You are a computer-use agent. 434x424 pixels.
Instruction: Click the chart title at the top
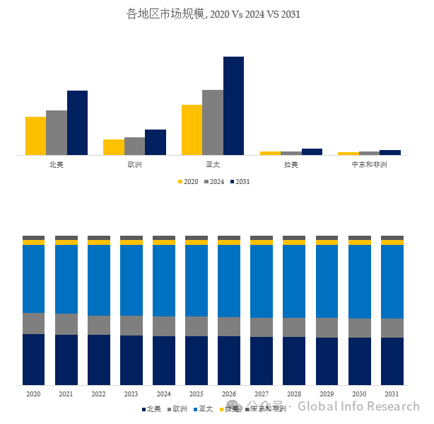tap(213, 13)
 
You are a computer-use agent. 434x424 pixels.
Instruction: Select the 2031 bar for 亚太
tap(233, 105)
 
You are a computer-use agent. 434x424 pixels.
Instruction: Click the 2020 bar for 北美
tap(35, 136)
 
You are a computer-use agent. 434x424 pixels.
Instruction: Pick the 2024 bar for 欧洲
tap(134, 146)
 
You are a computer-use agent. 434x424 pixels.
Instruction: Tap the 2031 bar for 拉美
tap(312, 151)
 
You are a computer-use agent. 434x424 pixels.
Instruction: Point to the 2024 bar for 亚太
tap(212, 122)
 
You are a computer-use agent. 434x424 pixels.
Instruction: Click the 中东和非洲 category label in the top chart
tap(369, 165)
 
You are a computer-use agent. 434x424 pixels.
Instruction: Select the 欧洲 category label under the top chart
tap(134, 165)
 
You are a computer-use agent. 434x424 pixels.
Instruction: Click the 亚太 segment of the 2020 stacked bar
tap(33, 279)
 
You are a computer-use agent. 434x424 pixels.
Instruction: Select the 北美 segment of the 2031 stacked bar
tap(392, 361)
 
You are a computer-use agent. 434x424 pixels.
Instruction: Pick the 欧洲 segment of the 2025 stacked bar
tap(197, 326)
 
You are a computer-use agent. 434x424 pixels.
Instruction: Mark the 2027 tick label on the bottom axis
tap(262, 394)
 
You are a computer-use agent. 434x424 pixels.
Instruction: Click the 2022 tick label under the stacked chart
tap(98, 394)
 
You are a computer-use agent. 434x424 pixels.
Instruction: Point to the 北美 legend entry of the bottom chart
tap(153, 409)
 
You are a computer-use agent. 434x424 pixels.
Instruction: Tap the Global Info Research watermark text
tap(358, 406)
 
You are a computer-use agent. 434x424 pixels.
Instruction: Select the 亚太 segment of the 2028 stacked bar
tap(294, 281)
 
